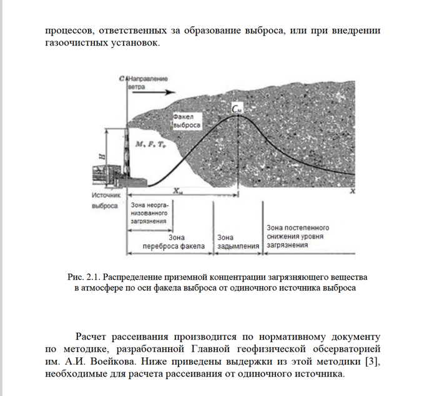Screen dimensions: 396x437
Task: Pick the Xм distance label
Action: [178, 191]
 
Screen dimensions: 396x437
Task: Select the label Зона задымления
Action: [237, 241]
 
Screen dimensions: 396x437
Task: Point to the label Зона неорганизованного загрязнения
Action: [149, 213]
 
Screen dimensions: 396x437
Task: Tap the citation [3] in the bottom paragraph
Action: [372, 362]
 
